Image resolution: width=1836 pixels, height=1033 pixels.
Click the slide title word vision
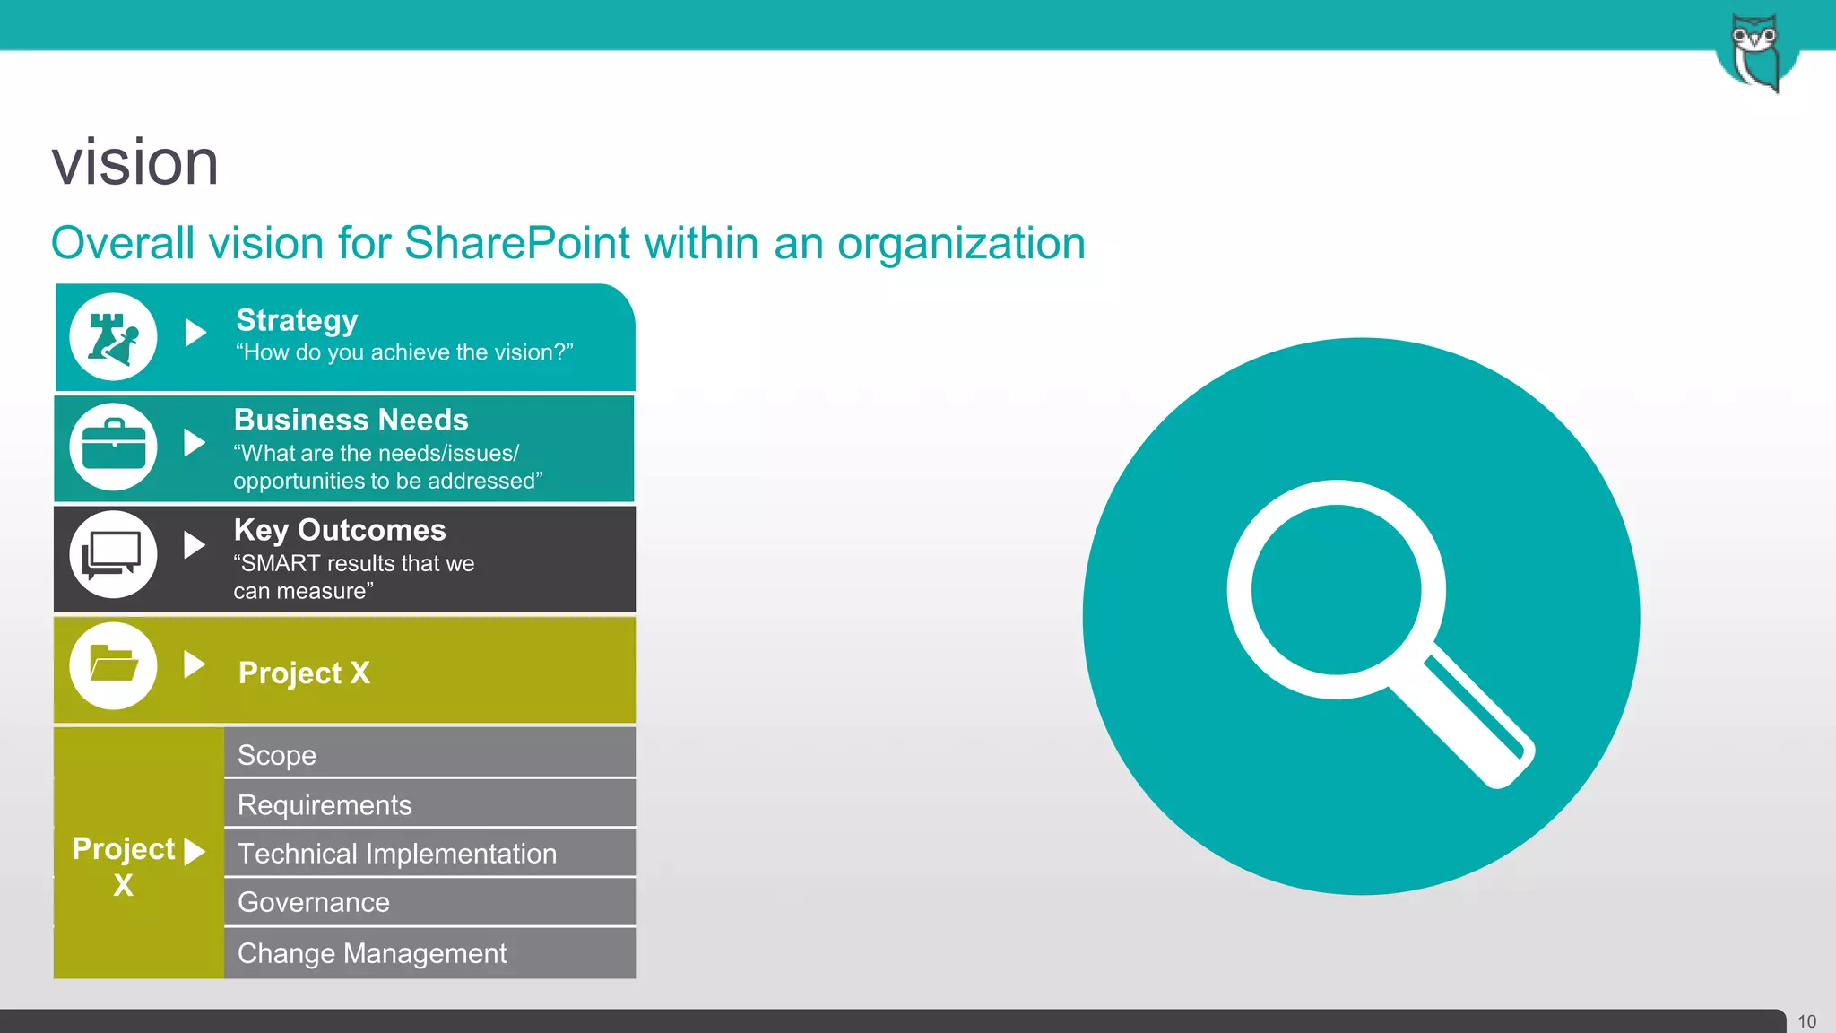click(x=135, y=163)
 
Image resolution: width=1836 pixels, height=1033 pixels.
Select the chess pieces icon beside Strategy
click(x=113, y=337)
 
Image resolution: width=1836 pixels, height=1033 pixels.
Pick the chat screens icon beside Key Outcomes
click(x=113, y=555)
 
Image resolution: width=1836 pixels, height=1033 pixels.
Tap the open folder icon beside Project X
click(x=113, y=665)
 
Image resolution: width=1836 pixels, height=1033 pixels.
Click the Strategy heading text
click(x=297, y=320)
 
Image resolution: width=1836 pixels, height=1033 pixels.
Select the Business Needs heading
click(x=351, y=420)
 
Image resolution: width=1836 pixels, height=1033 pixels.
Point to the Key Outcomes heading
click(x=340, y=530)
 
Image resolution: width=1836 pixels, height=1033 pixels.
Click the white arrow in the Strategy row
click(x=195, y=333)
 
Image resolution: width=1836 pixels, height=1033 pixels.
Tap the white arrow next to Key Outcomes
click(x=194, y=544)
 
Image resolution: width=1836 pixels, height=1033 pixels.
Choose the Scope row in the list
click(x=429, y=754)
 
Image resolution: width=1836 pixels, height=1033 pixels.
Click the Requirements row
click(x=429, y=804)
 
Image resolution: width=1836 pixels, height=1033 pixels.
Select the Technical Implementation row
click(x=429, y=853)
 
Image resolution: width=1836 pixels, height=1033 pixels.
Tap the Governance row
click(x=429, y=902)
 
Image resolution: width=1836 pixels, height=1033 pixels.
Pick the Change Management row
click(x=429, y=952)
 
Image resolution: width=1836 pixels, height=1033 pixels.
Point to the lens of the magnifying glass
click(x=1336, y=589)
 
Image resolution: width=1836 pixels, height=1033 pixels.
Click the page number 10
click(x=1806, y=1021)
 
